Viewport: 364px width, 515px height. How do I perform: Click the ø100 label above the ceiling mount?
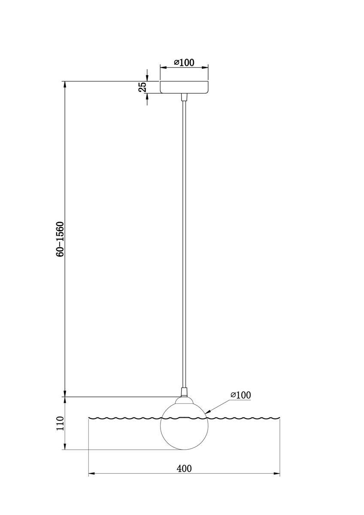point(184,63)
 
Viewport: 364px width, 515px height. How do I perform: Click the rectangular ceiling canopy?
point(184,87)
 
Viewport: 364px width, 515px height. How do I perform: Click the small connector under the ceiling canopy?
point(184,97)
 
